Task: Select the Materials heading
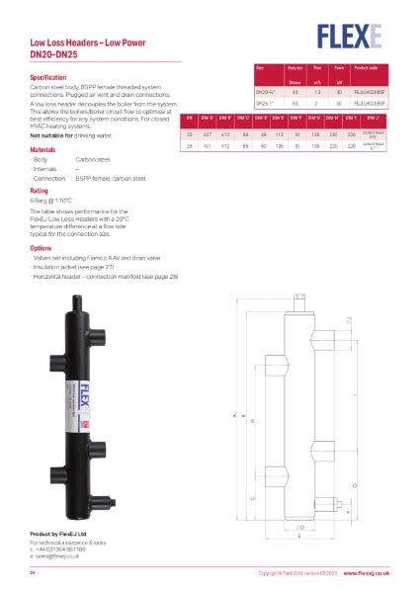coord(43,149)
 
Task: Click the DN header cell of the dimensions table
coord(188,118)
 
